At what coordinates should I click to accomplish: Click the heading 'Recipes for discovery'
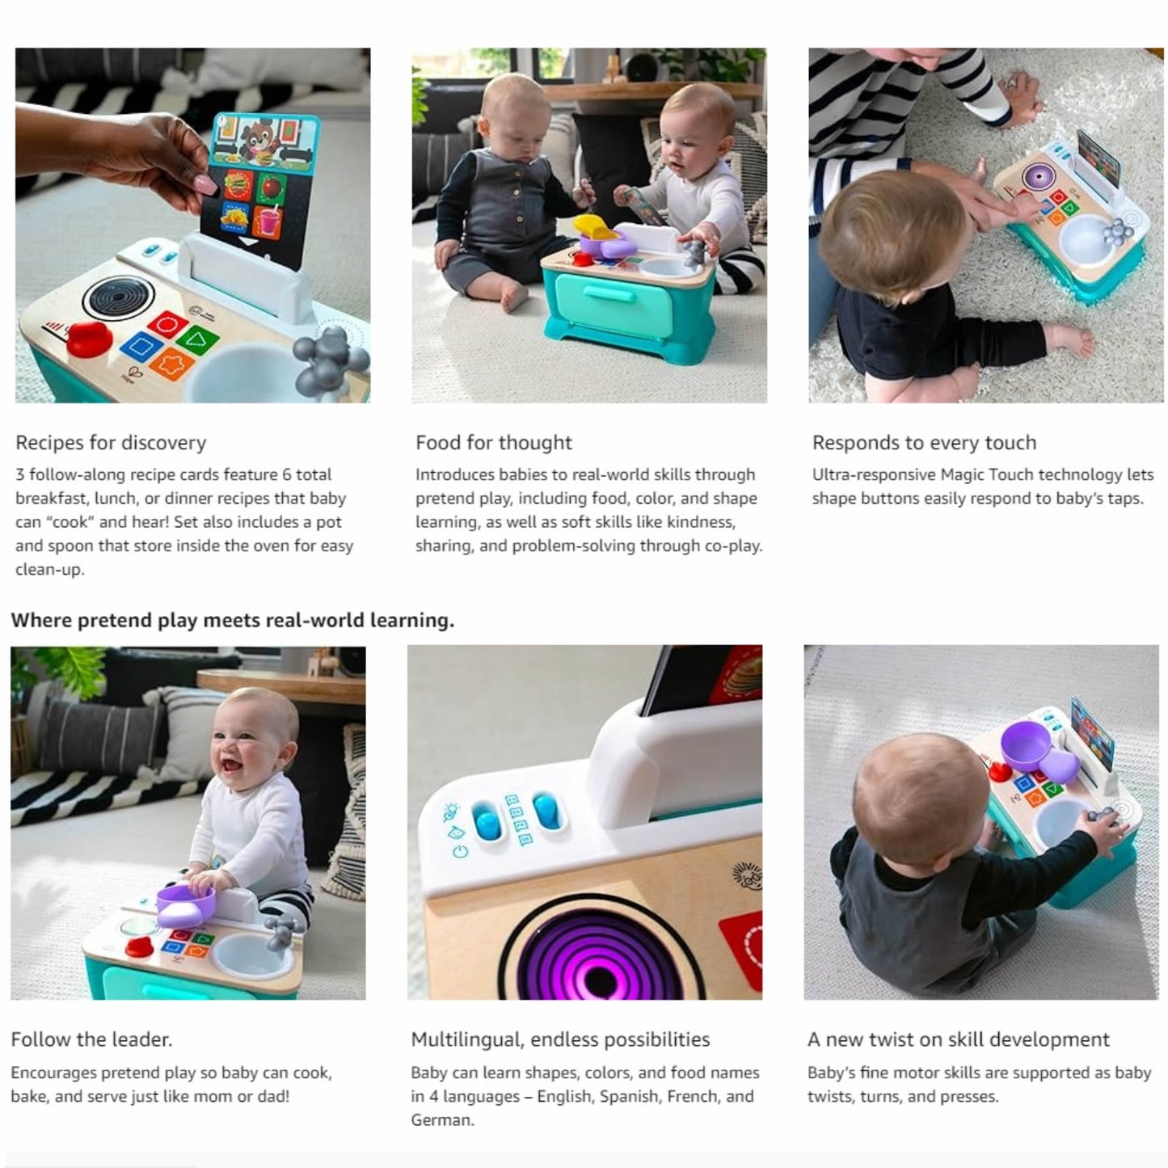pyautogui.click(x=111, y=443)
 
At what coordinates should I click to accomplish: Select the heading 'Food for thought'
pyautogui.click(x=493, y=443)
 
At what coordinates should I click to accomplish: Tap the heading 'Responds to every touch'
pyautogui.click(x=924, y=443)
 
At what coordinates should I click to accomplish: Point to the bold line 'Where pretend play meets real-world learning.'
pyautogui.click(x=233, y=620)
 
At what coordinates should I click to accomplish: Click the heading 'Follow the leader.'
pyautogui.click(x=91, y=1039)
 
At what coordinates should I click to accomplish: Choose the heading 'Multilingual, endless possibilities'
pyautogui.click(x=560, y=1039)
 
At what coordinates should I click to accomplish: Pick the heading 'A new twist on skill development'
pyautogui.click(x=958, y=1039)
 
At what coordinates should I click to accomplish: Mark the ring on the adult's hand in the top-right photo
pyautogui.click(x=1010, y=82)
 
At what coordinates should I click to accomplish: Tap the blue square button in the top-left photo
pyautogui.click(x=141, y=348)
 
